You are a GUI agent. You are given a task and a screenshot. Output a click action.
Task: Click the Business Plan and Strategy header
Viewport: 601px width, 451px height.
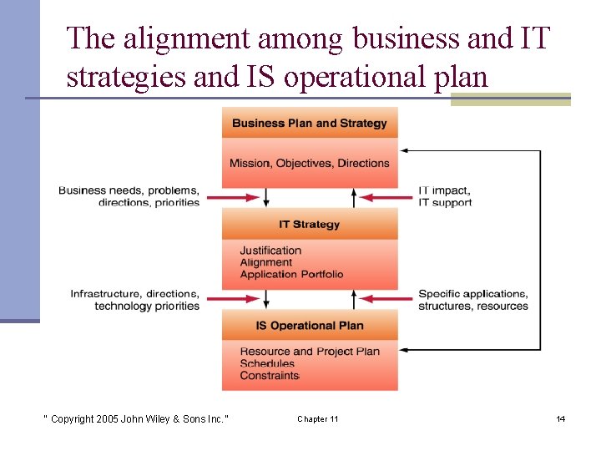coord(310,124)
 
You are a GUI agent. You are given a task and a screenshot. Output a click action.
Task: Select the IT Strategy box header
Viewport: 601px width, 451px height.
coord(310,225)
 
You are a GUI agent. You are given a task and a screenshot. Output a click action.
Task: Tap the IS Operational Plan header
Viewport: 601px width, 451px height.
coord(310,326)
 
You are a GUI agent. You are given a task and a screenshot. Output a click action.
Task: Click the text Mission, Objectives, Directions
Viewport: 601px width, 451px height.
coord(310,163)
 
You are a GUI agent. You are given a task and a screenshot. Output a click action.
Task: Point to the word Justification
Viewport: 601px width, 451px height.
coord(270,251)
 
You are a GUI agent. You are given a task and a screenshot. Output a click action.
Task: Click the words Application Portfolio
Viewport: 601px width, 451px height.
coord(291,274)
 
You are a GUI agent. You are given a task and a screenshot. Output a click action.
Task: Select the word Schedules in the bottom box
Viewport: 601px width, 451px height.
coord(267,364)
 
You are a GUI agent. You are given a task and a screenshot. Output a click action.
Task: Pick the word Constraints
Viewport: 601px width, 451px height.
coord(269,376)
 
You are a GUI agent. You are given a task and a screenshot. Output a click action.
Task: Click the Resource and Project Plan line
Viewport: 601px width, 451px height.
coord(310,352)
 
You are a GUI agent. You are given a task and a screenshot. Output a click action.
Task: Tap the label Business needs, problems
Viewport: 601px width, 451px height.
coord(129,190)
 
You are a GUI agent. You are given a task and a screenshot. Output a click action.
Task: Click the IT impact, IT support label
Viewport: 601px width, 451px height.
coord(445,196)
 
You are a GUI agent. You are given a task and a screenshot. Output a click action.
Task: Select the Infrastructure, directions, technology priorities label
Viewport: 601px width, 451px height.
coord(135,300)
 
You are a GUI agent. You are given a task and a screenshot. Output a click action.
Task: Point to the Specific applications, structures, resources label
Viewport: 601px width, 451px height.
coord(472,300)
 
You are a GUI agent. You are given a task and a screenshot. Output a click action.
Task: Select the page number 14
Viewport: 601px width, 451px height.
coord(561,418)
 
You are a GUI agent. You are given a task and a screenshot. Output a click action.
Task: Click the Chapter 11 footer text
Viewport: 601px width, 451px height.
coord(317,418)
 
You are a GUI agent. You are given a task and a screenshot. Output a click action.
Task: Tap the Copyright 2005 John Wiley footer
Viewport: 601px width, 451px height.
coord(135,418)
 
